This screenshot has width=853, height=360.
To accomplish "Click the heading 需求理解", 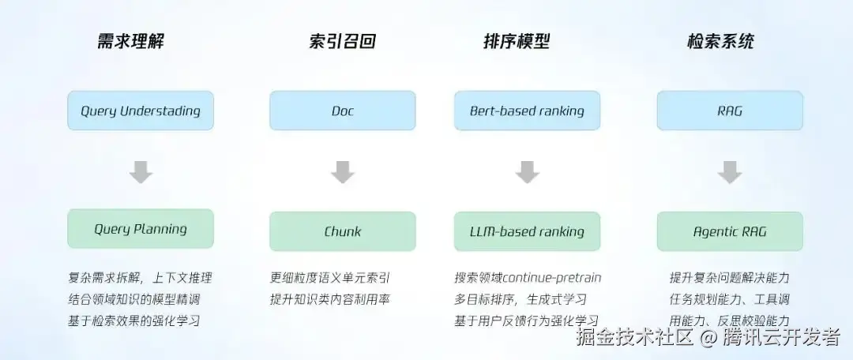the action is pyautogui.click(x=131, y=42).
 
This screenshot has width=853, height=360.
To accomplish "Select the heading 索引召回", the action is pyautogui.click(x=342, y=42).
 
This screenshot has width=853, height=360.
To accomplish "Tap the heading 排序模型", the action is pyautogui.click(x=527, y=42).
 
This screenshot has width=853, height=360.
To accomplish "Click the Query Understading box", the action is pyautogui.click(x=141, y=111).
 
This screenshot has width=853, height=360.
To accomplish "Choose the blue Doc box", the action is pyautogui.click(x=342, y=111).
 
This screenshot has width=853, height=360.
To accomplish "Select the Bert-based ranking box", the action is pyautogui.click(x=527, y=111).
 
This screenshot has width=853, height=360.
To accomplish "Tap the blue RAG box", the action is pyautogui.click(x=730, y=111).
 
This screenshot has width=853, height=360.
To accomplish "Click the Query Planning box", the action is pyautogui.click(x=141, y=229).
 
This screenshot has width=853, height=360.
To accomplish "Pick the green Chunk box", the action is pyautogui.click(x=342, y=231).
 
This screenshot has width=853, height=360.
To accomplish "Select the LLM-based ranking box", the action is pyautogui.click(x=527, y=231).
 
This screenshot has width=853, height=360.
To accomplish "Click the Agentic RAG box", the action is pyautogui.click(x=730, y=231).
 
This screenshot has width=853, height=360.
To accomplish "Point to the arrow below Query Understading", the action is pyautogui.click(x=141, y=171).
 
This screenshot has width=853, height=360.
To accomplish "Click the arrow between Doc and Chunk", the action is pyautogui.click(x=342, y=171).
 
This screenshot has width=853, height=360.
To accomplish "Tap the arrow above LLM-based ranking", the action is pyautogui.click(x=527, y=171).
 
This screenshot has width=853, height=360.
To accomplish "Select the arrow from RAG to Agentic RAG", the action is pyautogui.click(x=730, y=171).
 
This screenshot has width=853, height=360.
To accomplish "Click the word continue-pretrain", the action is pyautogui.click(x=551, y=277).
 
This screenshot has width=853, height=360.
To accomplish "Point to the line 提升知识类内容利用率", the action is pyautogui.click(x=329, y=299).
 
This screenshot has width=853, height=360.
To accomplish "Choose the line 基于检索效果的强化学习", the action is pyautogui.click(x=134, y=321).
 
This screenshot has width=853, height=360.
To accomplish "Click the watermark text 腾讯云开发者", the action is pyautogui.click(x=782, y=338).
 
